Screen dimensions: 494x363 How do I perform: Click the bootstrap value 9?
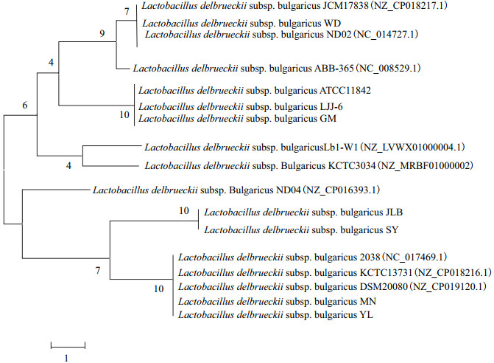102,33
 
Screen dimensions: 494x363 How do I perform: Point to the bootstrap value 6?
24,106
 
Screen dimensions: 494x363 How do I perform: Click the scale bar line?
68,345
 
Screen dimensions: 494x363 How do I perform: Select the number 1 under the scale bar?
66,357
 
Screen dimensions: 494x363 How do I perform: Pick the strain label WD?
333,23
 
